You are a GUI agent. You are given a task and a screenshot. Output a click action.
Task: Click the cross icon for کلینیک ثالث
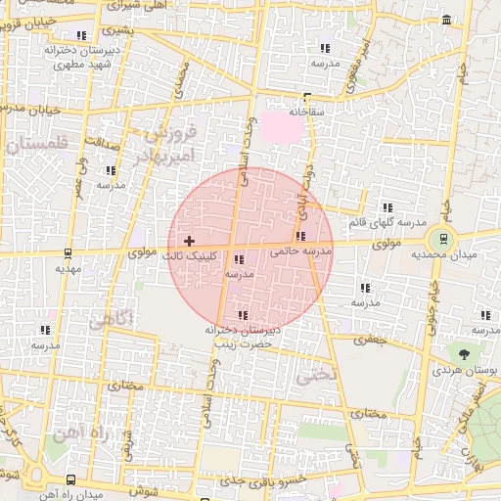189,241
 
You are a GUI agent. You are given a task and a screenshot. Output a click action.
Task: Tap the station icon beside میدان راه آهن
70,479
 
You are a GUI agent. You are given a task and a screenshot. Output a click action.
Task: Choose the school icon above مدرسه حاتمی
300,236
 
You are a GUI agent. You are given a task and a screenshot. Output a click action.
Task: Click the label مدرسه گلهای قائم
388,222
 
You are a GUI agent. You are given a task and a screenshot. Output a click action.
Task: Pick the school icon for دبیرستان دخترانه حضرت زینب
243,315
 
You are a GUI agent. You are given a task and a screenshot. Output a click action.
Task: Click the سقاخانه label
305,113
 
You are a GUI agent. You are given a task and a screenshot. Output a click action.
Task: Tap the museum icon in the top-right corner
447,22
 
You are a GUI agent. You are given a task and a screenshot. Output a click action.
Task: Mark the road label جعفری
372,342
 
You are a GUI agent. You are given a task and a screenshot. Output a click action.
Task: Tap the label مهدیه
67,267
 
